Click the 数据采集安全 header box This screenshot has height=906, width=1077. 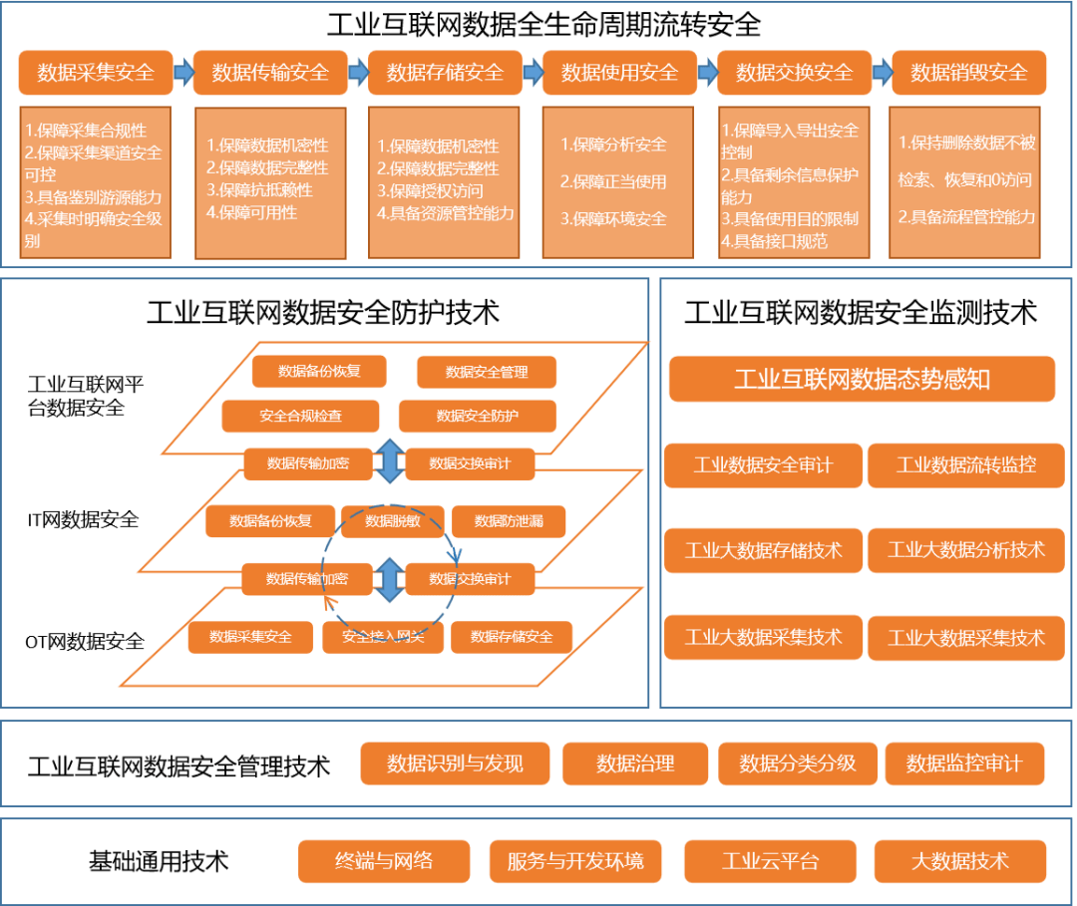coord(96,73)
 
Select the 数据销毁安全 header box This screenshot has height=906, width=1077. coord(968,73)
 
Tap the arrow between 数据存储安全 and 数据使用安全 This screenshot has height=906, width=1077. coord(533,73)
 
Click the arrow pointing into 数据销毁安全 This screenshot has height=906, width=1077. coord(882,73)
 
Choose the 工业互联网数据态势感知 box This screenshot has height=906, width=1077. coord(862,380)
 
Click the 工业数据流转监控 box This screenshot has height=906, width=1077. coord(965,465)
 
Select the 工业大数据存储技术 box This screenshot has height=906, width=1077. coord(763,550)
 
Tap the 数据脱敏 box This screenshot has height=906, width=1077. coord(392,521)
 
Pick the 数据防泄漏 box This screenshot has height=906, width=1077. coord(509,521)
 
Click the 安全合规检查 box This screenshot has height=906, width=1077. coord(300,416)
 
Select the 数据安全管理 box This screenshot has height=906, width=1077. coord(486,372)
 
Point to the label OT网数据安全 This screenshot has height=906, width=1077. coord(85,642)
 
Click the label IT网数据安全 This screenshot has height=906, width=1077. coord(83,519)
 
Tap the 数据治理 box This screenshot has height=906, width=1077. coord(635,764)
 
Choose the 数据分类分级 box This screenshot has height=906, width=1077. coord(797,764)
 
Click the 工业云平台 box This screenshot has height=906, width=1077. coord(770,861)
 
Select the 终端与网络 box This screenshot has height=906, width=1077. coord(384,861)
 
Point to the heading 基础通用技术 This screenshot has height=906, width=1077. coord(159,859)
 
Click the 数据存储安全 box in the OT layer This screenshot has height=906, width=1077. coord(512,637)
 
